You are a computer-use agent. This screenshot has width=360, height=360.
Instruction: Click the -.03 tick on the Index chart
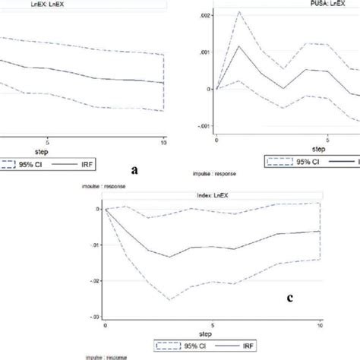tap(93, 317)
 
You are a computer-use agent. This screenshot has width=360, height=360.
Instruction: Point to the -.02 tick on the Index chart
tap(93, 281)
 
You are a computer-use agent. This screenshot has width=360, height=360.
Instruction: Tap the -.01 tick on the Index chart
tap(93, 245)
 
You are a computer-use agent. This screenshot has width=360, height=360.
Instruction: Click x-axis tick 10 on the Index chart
tap(320, 324)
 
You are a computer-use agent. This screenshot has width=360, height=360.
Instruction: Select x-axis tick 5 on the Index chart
tap(213, 324)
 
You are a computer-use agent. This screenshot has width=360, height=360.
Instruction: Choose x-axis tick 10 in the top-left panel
tap(164, 141)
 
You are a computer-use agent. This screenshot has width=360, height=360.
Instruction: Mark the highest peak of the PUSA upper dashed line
tap(239, 12)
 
